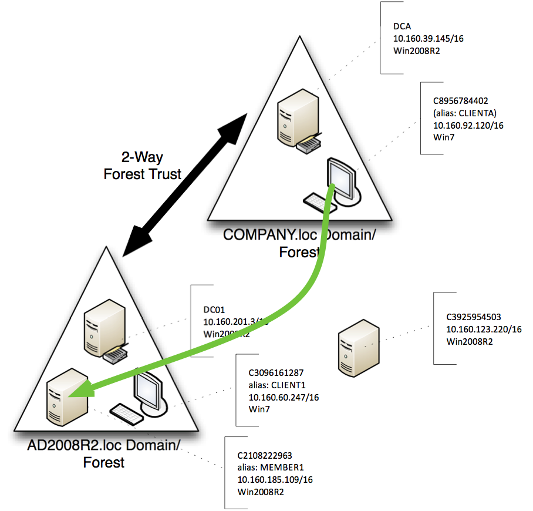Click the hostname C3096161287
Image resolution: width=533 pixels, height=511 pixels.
coord(276,372)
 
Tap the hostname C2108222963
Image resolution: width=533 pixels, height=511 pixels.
coord(265,455)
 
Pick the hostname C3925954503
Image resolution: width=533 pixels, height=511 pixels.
coord(474,317)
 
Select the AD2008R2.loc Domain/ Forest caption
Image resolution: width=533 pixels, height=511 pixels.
coord(103,453)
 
